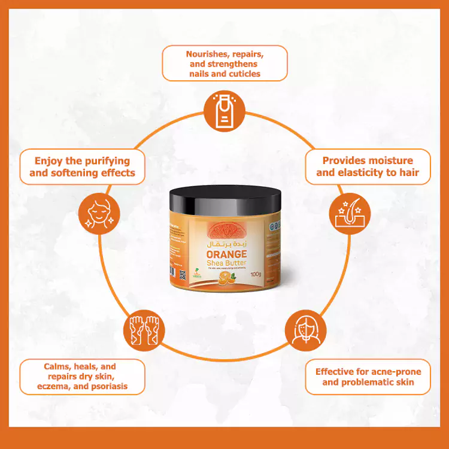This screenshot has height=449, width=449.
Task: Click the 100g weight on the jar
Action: click(258, 275)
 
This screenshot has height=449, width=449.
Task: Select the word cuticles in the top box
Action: click(243, 74)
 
